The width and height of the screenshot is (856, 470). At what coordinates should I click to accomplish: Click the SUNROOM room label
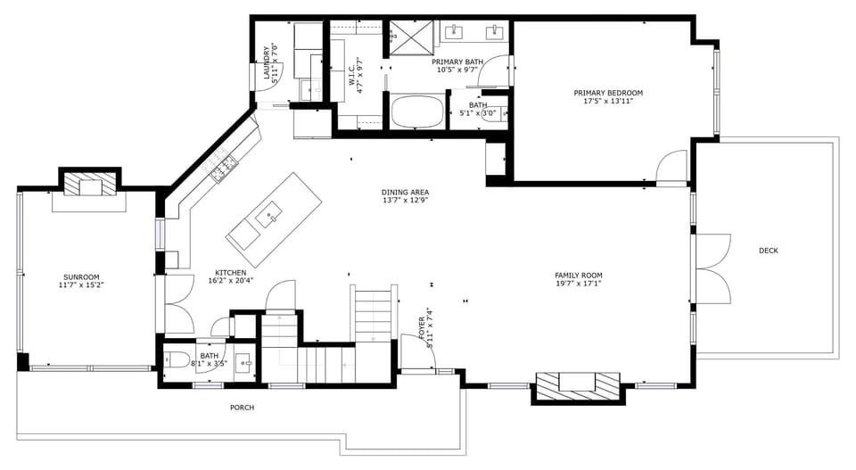(81, 276)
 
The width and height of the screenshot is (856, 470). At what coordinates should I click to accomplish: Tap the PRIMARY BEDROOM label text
(607, 93)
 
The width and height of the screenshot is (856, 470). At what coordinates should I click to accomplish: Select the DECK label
(768, 251)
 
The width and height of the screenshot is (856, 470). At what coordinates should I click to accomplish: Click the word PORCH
(242, 408)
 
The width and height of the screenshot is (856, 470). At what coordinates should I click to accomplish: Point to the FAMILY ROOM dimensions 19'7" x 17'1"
(579, 284)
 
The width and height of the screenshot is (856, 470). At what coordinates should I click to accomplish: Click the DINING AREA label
(406, 192)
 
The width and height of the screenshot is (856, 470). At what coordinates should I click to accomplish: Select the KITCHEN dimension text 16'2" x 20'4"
(231, 281)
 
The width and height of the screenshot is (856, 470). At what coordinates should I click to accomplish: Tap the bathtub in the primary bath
(417, 113)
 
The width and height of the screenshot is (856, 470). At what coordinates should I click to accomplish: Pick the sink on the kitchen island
(269, 214)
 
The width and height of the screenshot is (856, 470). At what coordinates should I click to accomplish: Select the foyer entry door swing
(417, 353)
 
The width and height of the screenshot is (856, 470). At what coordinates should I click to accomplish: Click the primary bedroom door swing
(671, 168)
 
